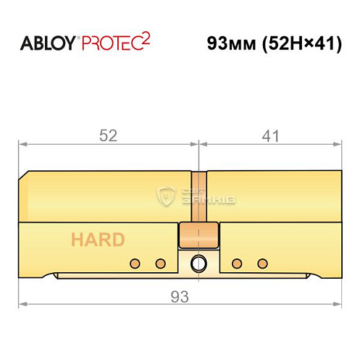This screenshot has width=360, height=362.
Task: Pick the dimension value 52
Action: point(109,135)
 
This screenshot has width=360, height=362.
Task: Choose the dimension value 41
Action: point(269,135)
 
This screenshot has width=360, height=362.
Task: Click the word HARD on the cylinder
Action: point(98,240)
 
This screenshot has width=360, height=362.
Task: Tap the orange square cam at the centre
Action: point(198,235)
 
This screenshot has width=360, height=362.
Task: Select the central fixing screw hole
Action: point(198,264)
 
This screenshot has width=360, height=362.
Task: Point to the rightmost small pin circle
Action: point(262,262)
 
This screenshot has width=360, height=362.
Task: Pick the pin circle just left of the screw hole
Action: point(161,262)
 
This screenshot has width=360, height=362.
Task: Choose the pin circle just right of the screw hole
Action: point(235,262)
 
